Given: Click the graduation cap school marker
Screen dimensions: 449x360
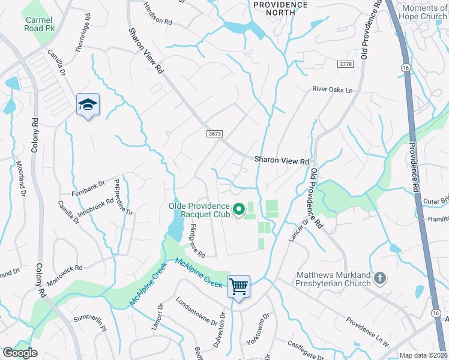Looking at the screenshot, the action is coord(88,105).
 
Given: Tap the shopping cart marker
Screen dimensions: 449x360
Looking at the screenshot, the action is coord(239,287).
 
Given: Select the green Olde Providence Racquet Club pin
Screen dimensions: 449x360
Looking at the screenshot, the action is coord(238,209).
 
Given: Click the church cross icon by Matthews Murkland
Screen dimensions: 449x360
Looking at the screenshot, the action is coord(379,278).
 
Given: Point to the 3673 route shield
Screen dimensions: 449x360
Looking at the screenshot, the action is coord(215,134).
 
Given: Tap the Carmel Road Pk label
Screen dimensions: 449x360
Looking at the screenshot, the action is coord(37,23).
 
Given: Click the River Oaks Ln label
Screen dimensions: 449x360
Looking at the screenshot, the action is coord(331,90).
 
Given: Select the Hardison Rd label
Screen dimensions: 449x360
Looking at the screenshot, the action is coord(158,13).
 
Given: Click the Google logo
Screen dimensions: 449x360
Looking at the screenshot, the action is coord(20,353).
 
